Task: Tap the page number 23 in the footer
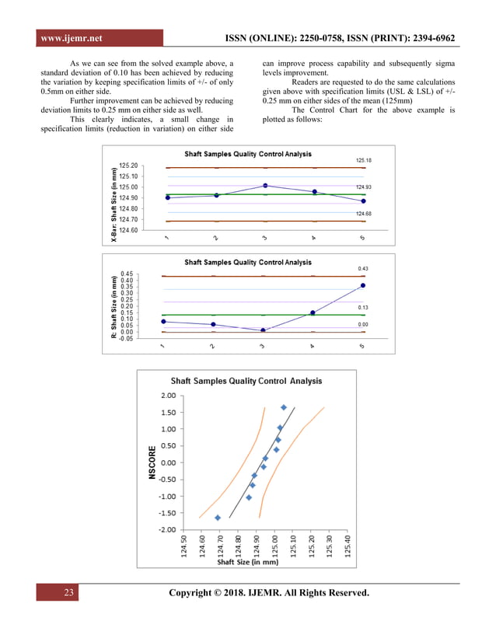pyautogui.click(x=68, y=593)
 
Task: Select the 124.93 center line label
pyautogui.click(x=364, y=187)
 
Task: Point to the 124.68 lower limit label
pyautogui.click(x=364, y=213)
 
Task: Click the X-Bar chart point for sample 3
pyautogui.click(x=265, y=186)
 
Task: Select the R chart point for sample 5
pyautogui.click(x=363, y=286)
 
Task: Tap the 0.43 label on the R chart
pyautogui.click(x=363, y=269)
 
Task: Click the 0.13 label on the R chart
pyautogui.click(x=363, y=308)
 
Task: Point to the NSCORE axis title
pyautogui.click(x=152, y=462)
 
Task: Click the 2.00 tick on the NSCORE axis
pyautogui.click(x=167, y=396)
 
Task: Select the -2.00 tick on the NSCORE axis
pyautogui.click(x=166, y=530)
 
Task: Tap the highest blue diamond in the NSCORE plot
pyautogui.click(x=284, y=407)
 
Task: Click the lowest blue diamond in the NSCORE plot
pyautogui.click(x=218, y=518)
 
